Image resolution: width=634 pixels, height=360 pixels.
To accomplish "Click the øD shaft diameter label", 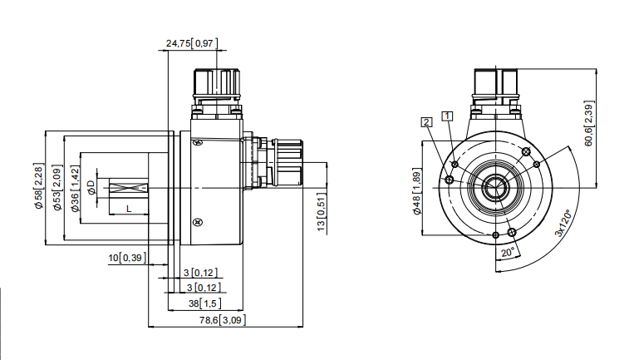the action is [x=91, y=187].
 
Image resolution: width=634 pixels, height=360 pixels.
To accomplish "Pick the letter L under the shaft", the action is [x=129, y=209].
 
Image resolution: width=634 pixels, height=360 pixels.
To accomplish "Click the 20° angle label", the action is [x=508, y=253].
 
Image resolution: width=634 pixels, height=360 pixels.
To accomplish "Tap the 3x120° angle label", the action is [x=564, y=223].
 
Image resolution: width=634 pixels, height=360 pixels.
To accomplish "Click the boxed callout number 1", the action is [x=447, y=116].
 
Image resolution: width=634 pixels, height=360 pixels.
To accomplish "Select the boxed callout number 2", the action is [x=426, y=121].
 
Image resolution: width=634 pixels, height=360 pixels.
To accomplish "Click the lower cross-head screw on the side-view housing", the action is [x=198, y=223].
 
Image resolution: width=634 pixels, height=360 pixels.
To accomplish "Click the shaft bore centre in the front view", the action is [x=496, y=188].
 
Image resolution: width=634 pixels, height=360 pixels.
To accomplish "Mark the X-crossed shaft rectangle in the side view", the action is [x=129, y=188].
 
